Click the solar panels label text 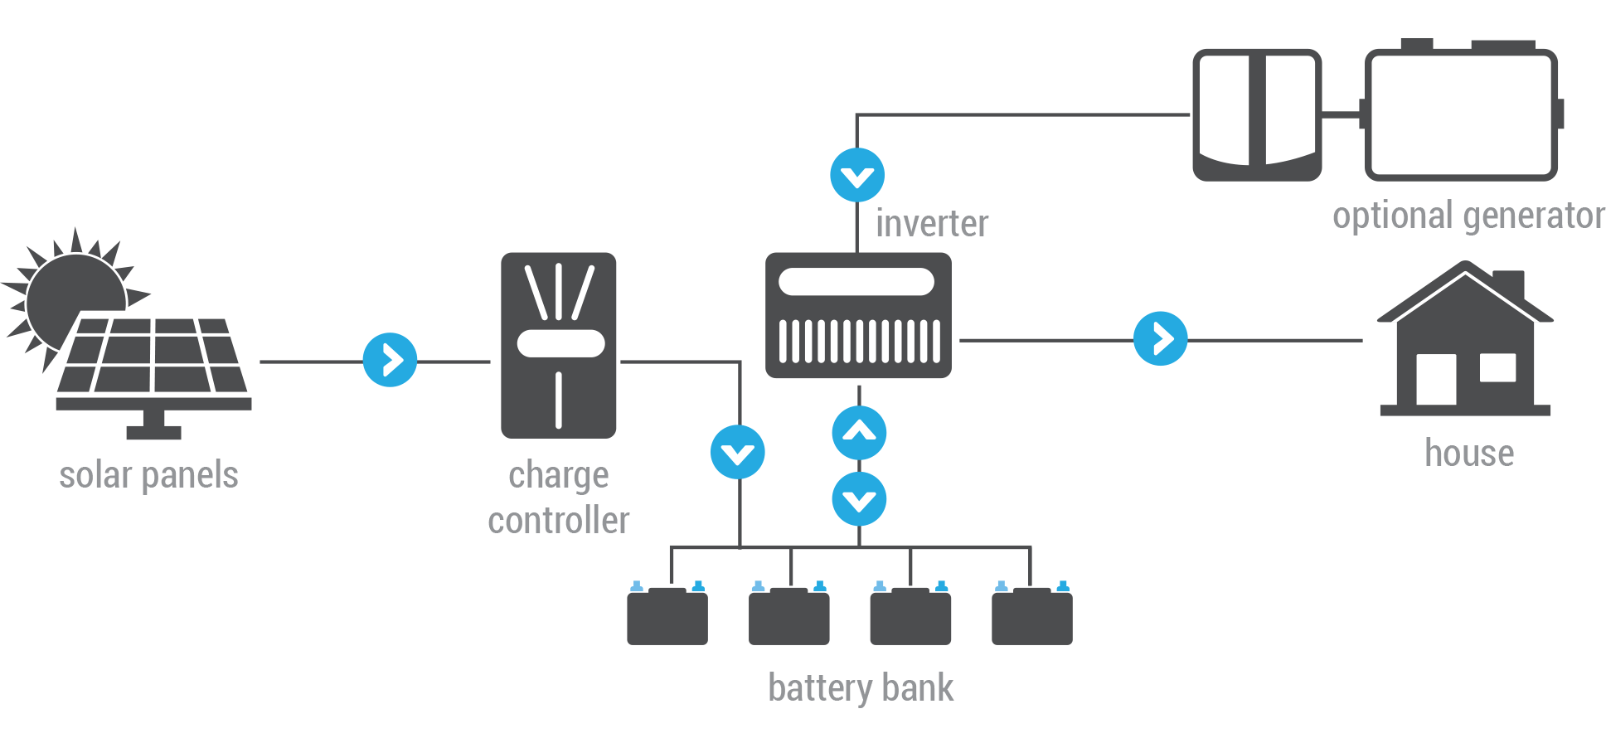[x=148, y=476]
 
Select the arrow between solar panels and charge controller [x=390, y=360]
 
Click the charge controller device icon [x=558, y=345]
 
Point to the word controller [x=559, y=521]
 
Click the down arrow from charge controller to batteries [x=737, y=452]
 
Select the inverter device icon [x=858, y=315]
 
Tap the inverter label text [x=932, y=224]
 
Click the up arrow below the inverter [x=859, y=433]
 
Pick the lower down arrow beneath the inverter [x=859, y=499]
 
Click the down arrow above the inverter [x=857, y=175]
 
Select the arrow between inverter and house [x=1160, y=338]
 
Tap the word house [x=1469, y=453]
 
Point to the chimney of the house [x=1509, y=284]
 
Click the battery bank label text [x=861, y=688]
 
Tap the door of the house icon [x=1436, y=379]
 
